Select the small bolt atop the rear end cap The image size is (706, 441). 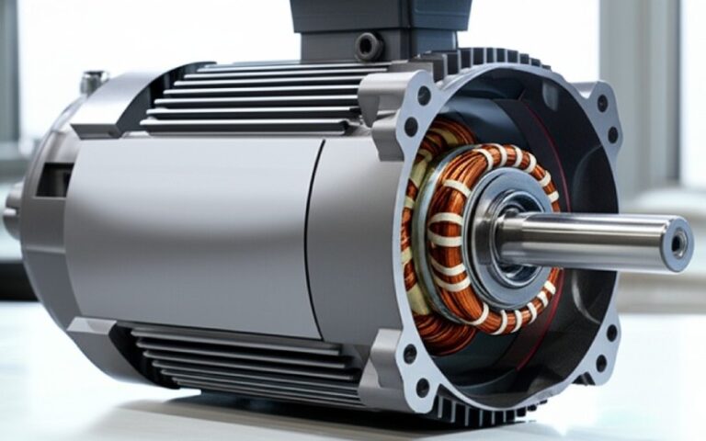[x=92, y=83]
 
